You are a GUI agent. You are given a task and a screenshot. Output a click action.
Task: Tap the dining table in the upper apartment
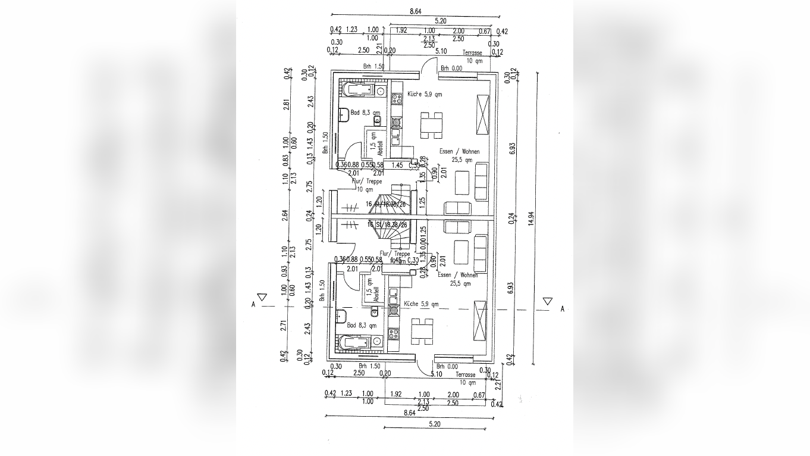tap(432, 125)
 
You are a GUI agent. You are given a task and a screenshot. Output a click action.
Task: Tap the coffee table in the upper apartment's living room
tap(462, 183)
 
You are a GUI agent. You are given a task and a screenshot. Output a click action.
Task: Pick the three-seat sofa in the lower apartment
tap(481, 250)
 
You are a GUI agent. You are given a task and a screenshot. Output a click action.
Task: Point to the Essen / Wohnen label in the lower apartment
tap(457, 275)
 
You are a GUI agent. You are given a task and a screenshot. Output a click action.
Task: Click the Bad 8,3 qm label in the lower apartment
tap(362, 326)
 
